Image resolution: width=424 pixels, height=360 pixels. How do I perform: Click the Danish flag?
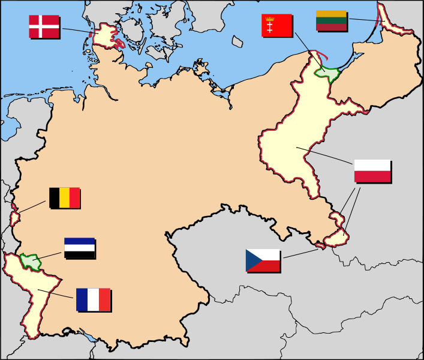[x=44, y=26]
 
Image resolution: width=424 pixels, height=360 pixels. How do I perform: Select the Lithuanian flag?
[x=331, y=20]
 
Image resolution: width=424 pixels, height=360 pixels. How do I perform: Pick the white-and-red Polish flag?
[x=372, y=171]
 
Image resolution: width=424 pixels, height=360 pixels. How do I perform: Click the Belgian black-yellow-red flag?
[x=64, y=197]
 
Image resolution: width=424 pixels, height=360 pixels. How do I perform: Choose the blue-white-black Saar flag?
[x=79, y=248]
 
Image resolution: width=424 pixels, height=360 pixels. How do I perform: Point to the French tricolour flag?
[x=93, y=299]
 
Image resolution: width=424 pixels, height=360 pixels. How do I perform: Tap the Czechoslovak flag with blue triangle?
[x=263, y=260]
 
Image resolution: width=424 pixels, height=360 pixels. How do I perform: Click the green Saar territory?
[x=29, y=261]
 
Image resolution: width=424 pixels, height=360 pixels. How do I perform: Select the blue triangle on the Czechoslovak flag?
[x=252, y=260]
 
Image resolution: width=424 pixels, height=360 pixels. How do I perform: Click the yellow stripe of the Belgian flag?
[x=64, y=197]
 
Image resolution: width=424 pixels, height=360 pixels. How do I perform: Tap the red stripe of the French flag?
[x=104, y=299]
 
